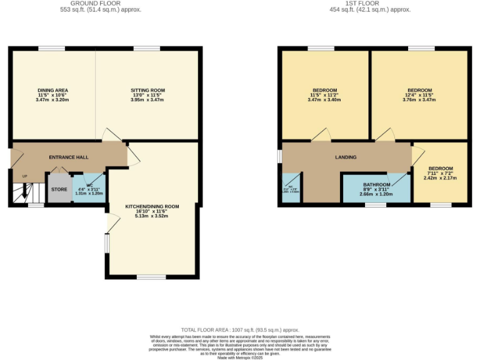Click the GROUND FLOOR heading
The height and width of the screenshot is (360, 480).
[x=96, y=3]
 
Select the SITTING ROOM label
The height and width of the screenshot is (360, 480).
[x=147, y=91]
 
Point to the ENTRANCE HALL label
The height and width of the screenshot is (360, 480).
[x=69, y=157]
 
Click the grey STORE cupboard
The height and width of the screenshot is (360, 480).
[x=59, y=189]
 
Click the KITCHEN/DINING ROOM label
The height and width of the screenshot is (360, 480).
[x=152, y=206]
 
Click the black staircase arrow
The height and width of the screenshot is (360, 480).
[x=24, y=192]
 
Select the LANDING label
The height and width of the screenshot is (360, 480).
[x=346, y=157]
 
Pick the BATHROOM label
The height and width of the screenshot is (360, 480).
[x=377, y=185]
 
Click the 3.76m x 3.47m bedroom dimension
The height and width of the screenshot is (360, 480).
[x=419, y=99]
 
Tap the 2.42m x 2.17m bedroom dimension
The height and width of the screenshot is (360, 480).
[x=440, y=178]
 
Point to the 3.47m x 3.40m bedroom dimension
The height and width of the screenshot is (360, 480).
[x=324, y=99]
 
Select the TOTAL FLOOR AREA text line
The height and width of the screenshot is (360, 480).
[x=240, y=329]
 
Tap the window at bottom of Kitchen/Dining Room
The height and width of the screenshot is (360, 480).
[x=147, y=277]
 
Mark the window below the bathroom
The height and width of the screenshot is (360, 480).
[x=375, y=205]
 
